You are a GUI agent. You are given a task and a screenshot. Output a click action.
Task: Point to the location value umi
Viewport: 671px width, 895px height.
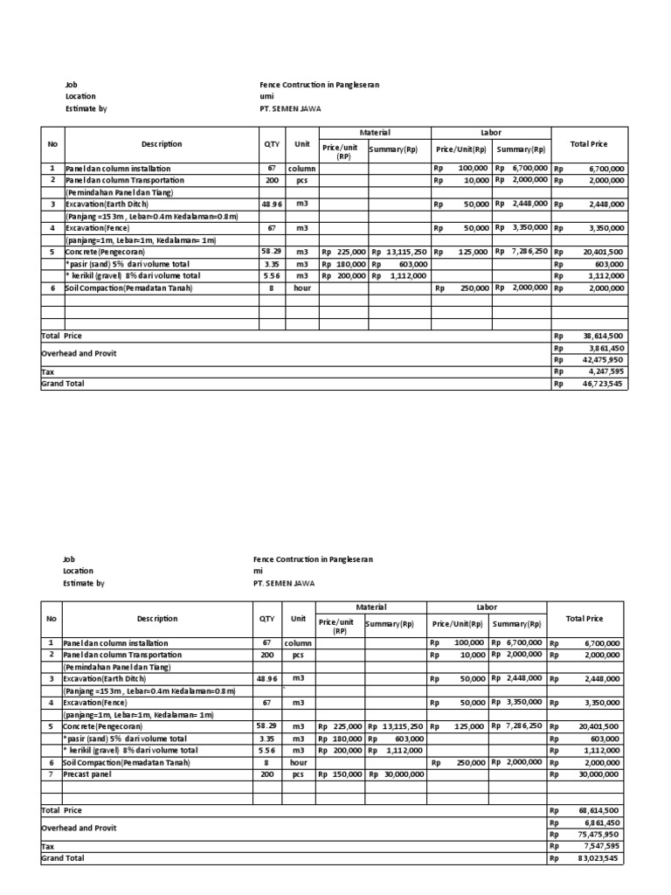[x=266, y=97]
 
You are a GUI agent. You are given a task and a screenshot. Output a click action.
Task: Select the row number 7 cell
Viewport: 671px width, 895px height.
[x=52, y=774]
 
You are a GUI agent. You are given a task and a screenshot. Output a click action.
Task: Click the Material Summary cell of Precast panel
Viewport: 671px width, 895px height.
[x=396, y=774]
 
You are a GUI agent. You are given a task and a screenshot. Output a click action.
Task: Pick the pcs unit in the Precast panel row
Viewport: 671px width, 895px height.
[x=298, y=774]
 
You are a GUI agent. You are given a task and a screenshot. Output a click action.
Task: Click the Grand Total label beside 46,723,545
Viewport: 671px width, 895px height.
[x=63, y=383]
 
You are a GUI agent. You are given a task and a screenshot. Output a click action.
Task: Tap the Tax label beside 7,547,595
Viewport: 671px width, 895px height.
[x=48, y=846]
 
